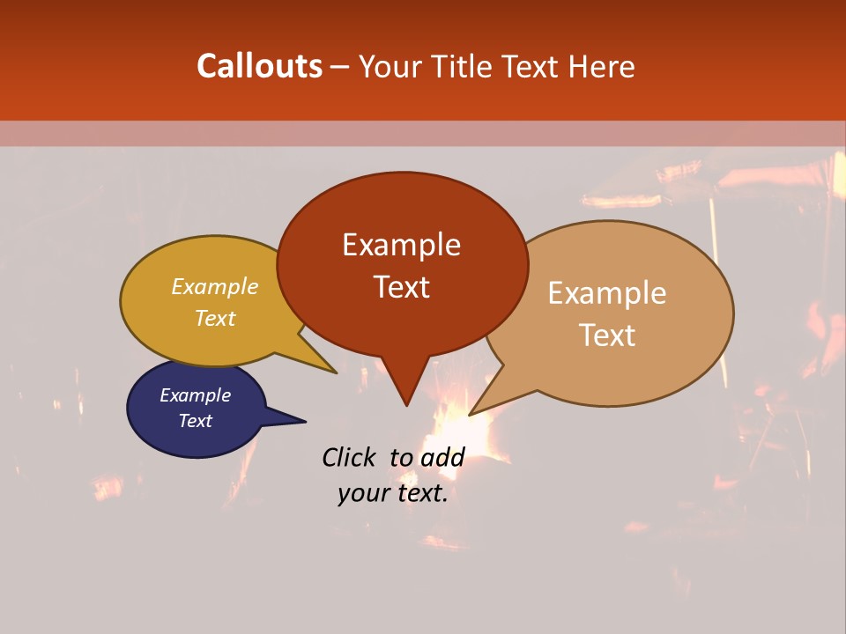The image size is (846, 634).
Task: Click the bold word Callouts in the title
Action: pyautogui.click(x=259, y=66)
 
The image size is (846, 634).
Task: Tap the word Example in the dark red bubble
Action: pyautogui.click(x=401, y=245)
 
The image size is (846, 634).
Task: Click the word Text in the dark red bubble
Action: pyautogui.click(x=401, y=287)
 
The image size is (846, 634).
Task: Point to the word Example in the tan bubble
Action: pyautogui.click(x=607, y=293)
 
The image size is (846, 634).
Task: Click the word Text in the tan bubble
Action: pyautogui.click(x=607, y=335)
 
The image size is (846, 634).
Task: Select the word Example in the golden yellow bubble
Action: pyautogui.click(x=215, y=287)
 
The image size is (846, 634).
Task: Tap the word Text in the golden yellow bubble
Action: pyautogui.click(x=215, y=319)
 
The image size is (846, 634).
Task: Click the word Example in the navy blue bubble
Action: pyautogui.click(x=195, y=395)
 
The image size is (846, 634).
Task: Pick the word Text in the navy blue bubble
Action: pyautogui.click(x=195, y=421)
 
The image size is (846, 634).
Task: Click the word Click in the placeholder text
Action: pyautogui.click(x=348, y=457)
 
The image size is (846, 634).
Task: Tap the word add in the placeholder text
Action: pyautogui.click(x=442, y=457)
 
